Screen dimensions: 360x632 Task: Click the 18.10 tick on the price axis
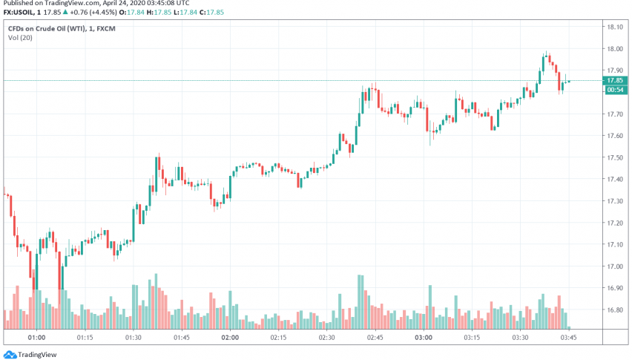click(614, 27)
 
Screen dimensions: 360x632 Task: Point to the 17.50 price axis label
click(614, 157)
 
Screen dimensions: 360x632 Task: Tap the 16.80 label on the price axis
click(614, 310)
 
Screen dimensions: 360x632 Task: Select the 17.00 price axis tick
click(614, 266)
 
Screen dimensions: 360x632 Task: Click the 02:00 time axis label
click(230, 337)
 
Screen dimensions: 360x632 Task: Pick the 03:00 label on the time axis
click(424, 337)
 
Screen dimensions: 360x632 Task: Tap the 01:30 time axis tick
click(134, 337)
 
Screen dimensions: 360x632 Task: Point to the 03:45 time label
click(569, 337)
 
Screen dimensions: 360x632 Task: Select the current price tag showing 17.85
click(614, 80)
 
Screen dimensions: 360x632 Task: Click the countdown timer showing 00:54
click(614, 90)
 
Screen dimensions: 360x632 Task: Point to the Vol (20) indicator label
click(22, 38)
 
